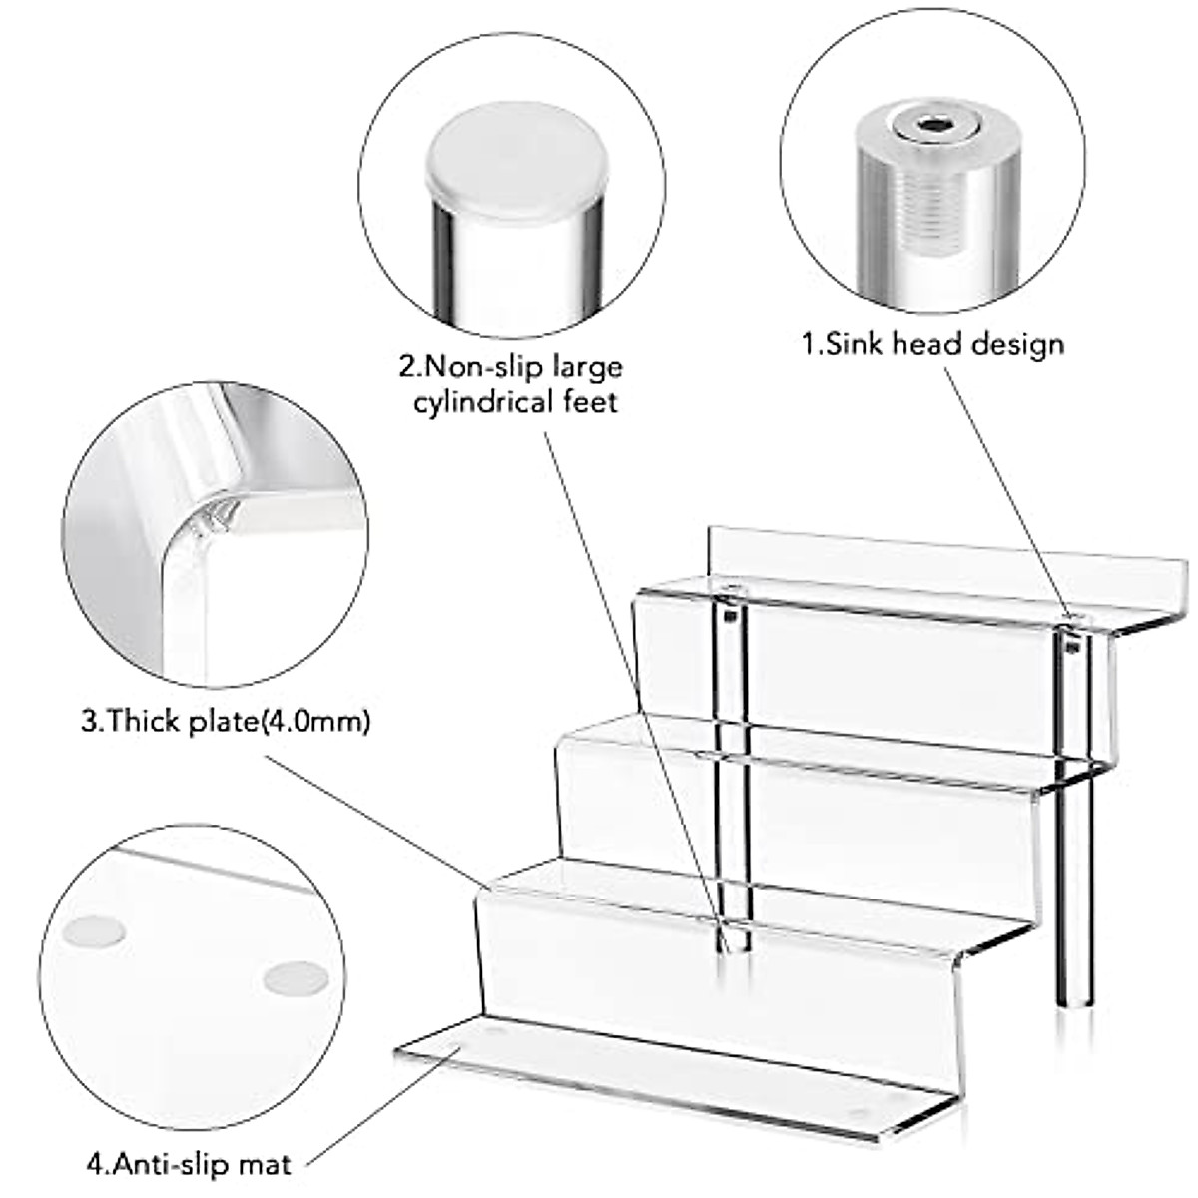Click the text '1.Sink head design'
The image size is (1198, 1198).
coord(932,344)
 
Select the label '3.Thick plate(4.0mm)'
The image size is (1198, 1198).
coord(225,720)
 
